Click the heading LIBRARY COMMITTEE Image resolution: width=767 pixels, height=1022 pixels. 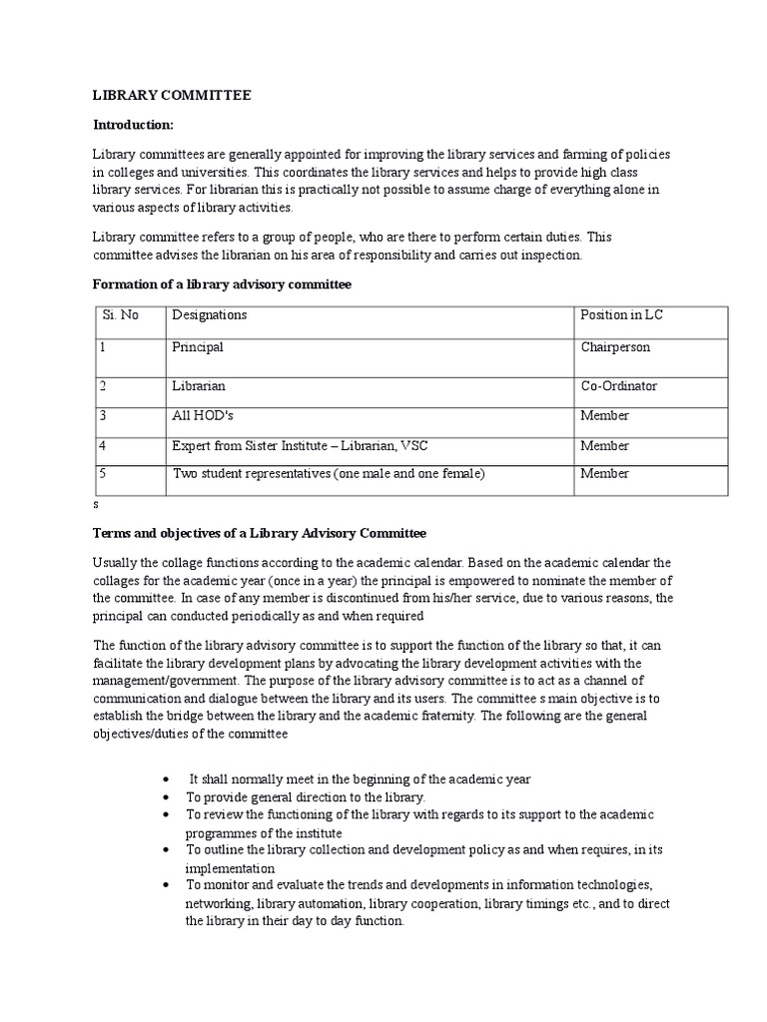172,96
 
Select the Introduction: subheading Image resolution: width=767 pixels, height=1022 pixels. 133,125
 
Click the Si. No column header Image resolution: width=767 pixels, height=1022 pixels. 120,315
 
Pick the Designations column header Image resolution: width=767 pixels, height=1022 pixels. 210,315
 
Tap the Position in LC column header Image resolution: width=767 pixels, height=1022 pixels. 621,315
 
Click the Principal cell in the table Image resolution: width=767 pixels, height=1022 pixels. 198,347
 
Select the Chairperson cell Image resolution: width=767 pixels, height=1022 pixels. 615,347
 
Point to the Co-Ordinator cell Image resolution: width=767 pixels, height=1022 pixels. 619,386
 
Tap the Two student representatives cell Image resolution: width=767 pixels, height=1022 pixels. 329,474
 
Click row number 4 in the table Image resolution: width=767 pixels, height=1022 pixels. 103,446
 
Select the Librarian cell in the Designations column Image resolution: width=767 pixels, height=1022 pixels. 199,386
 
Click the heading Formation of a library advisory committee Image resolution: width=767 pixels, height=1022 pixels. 222,284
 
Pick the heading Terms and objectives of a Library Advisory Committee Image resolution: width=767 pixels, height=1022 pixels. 259,533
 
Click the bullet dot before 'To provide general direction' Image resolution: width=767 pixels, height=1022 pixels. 164,798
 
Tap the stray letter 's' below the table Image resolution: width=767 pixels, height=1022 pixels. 95,505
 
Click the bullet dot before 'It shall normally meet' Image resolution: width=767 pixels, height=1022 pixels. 164,779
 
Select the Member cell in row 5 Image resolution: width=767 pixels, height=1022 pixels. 605,474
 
